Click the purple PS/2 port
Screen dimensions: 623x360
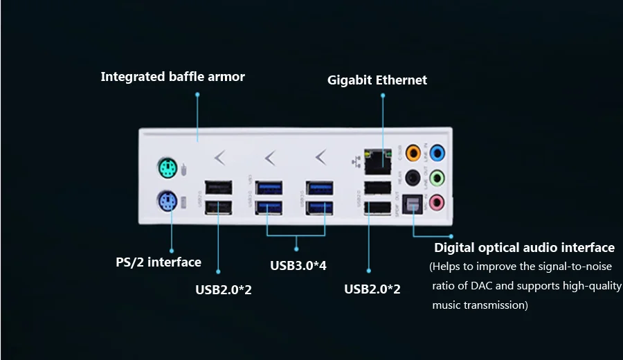tap(166, 201)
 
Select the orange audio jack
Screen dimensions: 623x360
tap(413, 152)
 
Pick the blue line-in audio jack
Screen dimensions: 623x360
tap(437, 152)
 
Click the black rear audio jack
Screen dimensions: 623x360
tap(413, 178)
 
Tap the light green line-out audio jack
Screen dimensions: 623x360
tap(437, 178)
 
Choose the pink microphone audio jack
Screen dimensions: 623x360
tap(437, 202)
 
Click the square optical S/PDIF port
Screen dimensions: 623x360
tap(413, 203)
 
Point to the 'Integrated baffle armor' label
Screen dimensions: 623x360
tap(172, 77)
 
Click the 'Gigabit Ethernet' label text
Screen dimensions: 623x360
tap(377, 80)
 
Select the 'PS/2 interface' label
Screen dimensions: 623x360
tap(158, 262)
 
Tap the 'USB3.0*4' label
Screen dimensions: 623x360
tap(298, 265)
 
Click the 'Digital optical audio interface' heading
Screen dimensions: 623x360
tap(524, 248)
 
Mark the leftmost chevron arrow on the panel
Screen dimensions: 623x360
tap(220, 158)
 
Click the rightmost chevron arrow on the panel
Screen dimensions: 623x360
tap(320, 158)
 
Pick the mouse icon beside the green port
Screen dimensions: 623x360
tap(183, 168)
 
